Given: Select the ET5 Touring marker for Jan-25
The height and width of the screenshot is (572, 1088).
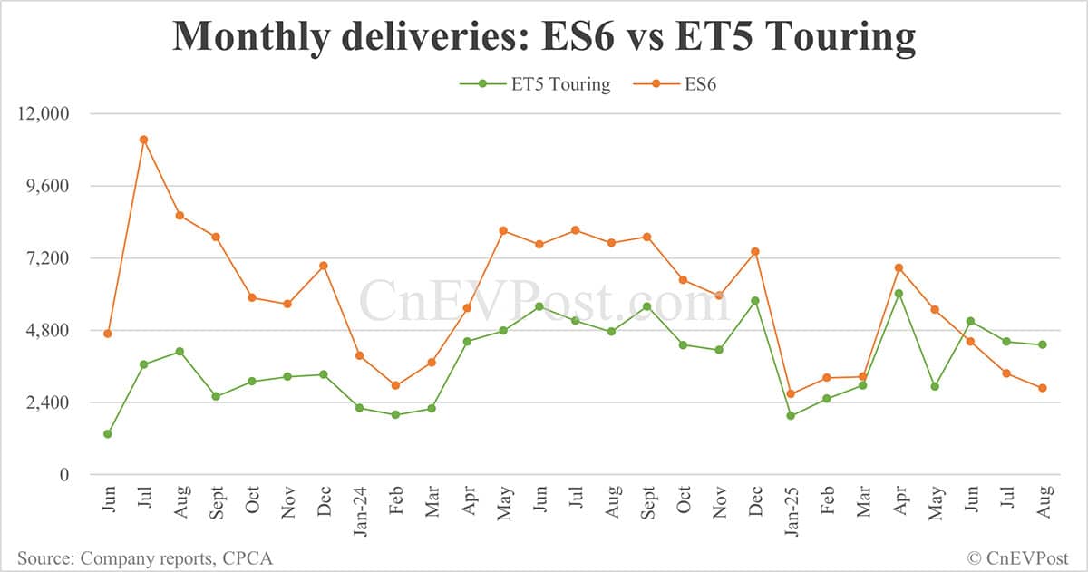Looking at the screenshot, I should [x=791, y=416].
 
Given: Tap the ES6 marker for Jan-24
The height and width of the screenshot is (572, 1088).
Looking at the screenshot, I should [x=359, y=355].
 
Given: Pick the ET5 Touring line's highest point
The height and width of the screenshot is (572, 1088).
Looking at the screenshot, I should [x=899, y=293].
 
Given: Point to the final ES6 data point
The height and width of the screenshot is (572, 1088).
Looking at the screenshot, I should [x=1043, y=388].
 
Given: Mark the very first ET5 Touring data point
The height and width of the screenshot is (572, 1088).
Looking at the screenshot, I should [x=108, y=434].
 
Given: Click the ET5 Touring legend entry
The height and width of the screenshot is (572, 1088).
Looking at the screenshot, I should [x=535, y=84].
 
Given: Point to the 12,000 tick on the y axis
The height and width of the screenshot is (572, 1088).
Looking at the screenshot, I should [x=44, y=114].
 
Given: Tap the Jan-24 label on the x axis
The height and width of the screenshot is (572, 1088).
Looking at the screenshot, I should [x=360, y=512].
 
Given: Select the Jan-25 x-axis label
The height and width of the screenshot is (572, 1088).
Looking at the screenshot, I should [x=792, y=512].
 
